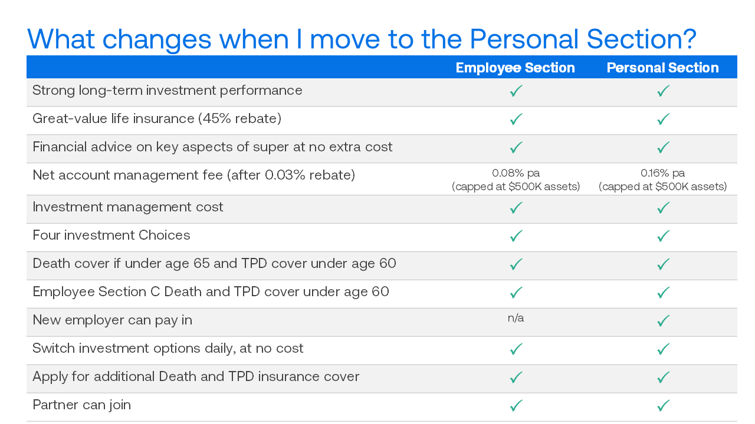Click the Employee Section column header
(x=516, y=68)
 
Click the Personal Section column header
(x=662, y=68)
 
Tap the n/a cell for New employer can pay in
(x=516, y=318)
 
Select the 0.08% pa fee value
(x=516, y=173)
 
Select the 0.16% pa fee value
(x=662, y=173)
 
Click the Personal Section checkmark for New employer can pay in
(x=663, y=321)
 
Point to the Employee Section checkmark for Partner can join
(x=516, y=406)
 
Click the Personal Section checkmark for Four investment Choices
(x=663, y=236)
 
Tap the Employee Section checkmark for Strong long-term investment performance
(x=516, y=91)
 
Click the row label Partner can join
(x=81, y=405)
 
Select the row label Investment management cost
(x=128, y=207)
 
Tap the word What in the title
(x=61, y=39)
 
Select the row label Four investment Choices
(x=111, y=235)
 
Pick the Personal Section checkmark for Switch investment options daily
(x=663, y=349)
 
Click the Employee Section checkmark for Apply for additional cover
(x=516, y=377)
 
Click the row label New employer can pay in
(x=112, y=320)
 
